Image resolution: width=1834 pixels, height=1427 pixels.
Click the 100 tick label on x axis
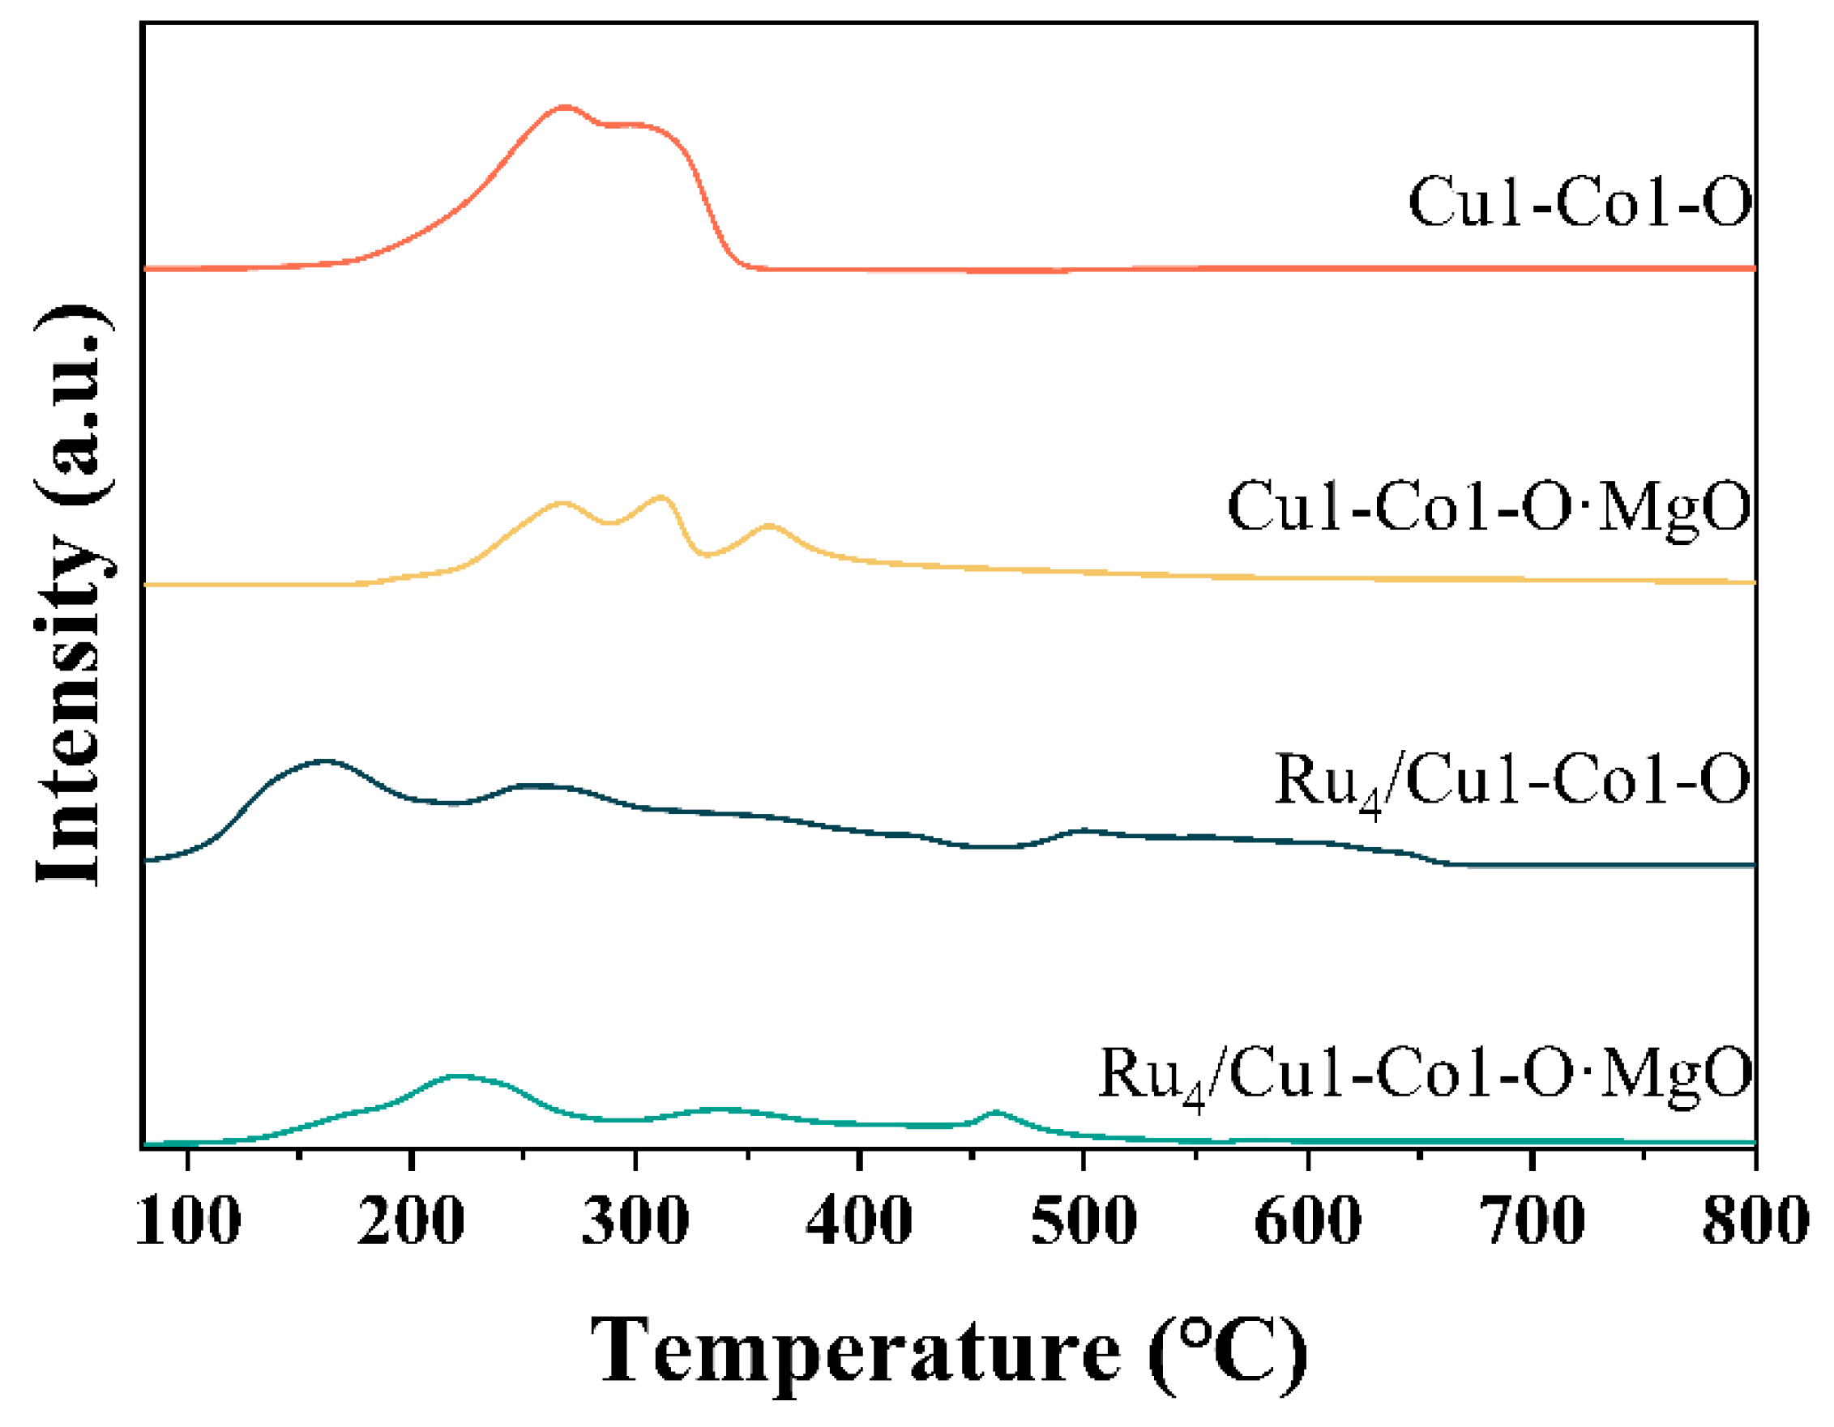[188, 1222]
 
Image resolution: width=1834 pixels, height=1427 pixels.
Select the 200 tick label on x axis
[411, 1222]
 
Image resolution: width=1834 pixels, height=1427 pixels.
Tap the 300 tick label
[635, 1222]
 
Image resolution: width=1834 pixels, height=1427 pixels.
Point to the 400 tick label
[859, 1222]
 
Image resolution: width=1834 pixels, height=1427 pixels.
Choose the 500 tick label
[1084, 1222]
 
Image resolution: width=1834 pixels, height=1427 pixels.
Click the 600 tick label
[1308, 1222]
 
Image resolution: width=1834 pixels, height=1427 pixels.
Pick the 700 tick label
[1533, 1222]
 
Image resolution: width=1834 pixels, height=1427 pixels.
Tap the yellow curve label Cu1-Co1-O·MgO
[1489, 507]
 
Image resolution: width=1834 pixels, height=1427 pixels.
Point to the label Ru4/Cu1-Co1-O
[1511, 782]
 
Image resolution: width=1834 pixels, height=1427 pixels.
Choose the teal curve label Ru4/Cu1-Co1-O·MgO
[1425, 1076]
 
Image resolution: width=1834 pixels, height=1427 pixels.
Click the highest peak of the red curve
[564, 108]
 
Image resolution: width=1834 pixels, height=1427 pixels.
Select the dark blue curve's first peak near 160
[325, 761]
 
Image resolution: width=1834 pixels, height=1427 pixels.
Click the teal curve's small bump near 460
[996, 1111]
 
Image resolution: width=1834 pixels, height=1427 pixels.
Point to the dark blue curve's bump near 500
[1084, 831]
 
